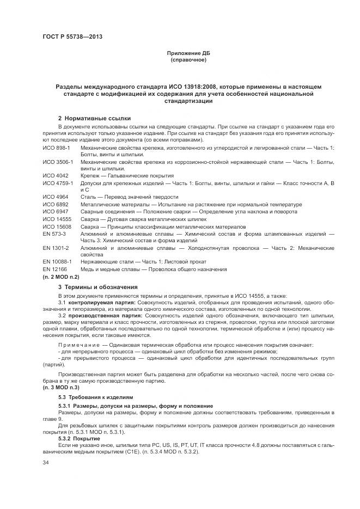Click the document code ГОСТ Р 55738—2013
(72, 37)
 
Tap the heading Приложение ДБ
(188, 53)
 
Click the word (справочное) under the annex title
(188, 59)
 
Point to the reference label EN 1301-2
(54, 248)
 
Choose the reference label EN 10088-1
(56, 262)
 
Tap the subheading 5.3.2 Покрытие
(78, 438)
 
